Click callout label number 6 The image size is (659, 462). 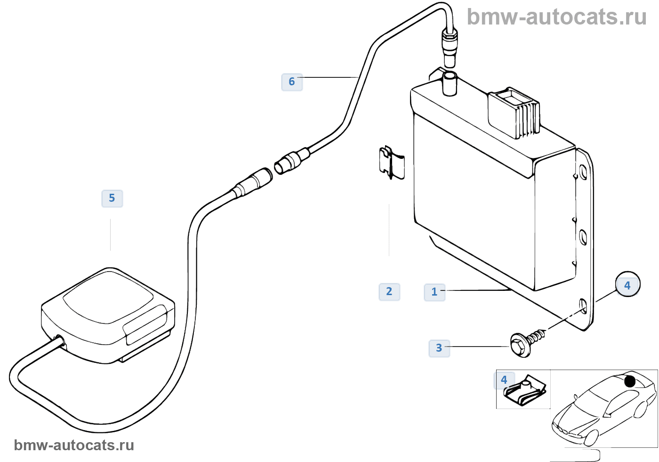292,82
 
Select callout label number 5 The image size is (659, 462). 112,198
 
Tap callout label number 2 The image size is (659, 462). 389,292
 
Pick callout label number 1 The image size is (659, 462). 434,292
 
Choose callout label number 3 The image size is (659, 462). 439,348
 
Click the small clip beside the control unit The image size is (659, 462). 392,163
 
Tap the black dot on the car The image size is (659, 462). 630,381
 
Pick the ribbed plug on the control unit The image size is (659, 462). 514,113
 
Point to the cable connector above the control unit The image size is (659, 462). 450,47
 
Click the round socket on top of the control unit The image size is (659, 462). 450,82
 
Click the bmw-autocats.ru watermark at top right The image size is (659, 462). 556,17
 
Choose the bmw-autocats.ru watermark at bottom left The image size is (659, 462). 74,445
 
